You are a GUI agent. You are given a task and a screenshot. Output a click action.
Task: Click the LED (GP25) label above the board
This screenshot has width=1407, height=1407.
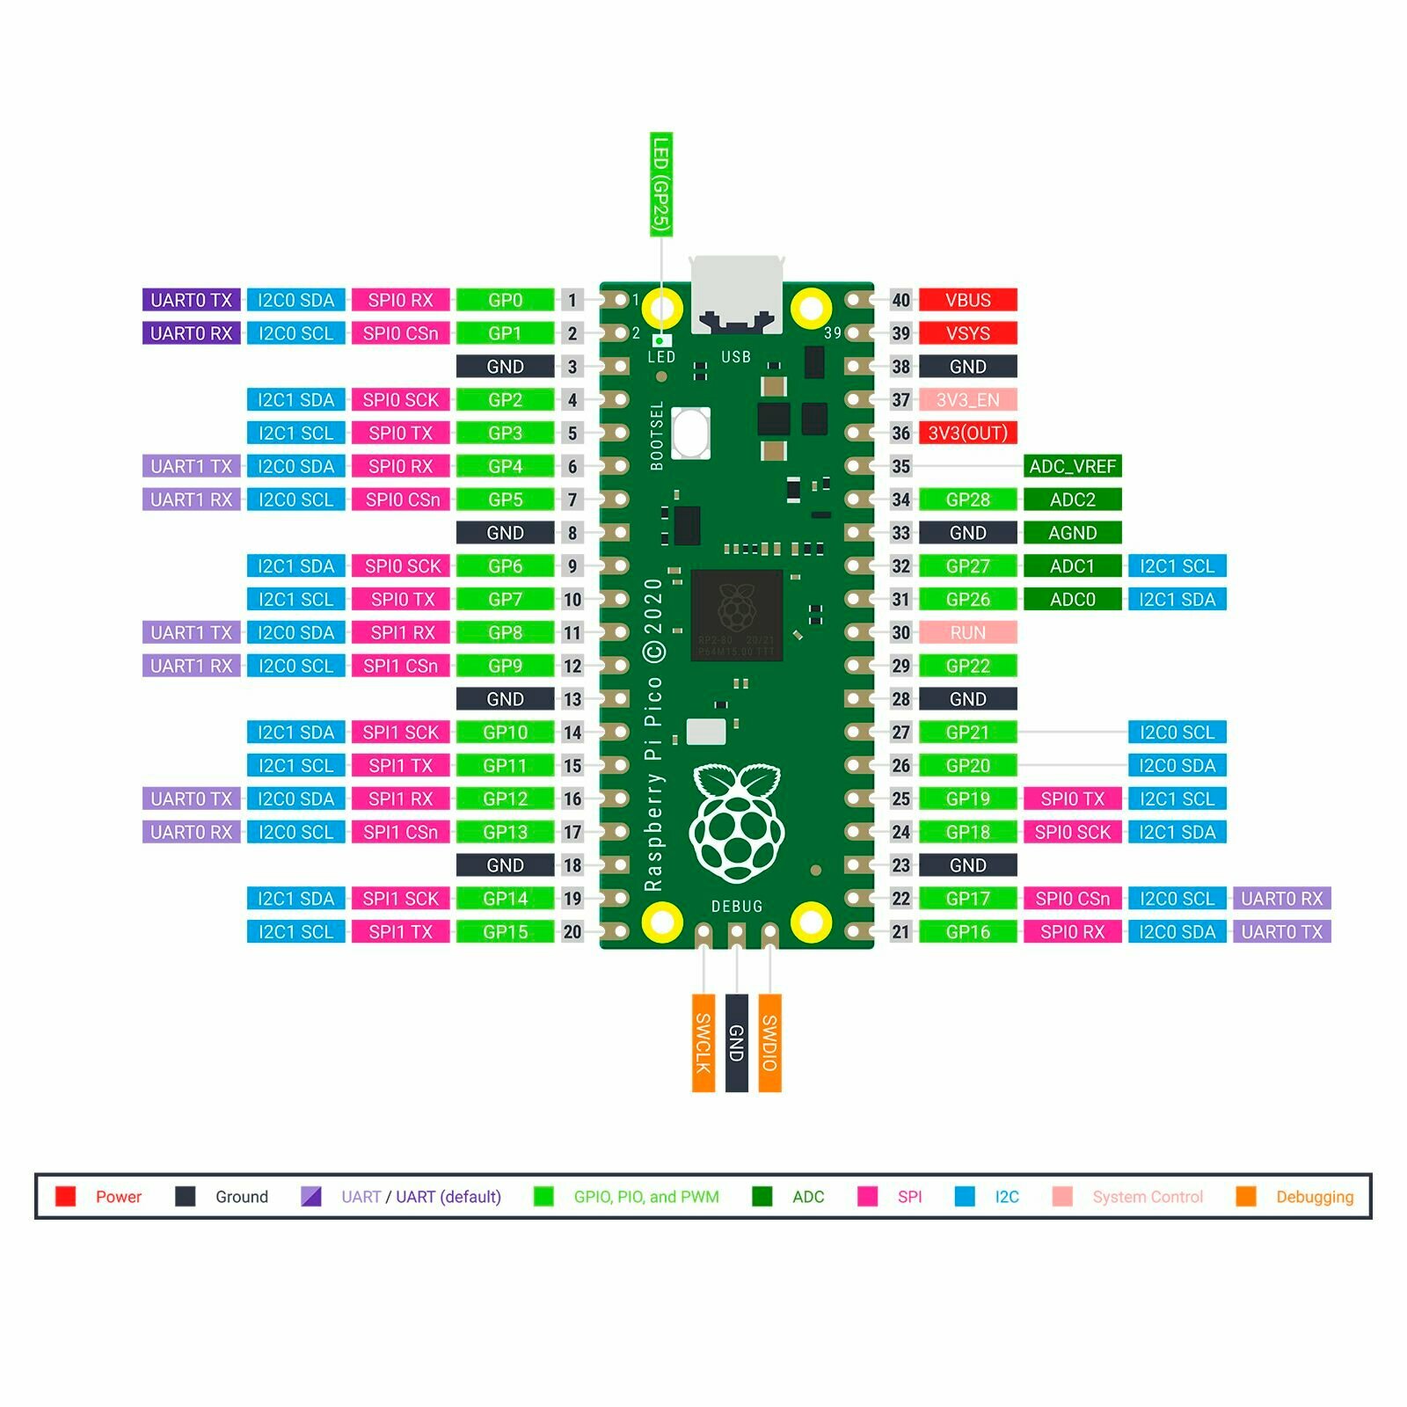coord(661,185)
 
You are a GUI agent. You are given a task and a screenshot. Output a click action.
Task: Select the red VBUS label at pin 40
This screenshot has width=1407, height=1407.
coord(967,300)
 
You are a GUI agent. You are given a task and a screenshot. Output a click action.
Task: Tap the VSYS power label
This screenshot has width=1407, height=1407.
coord(967,333)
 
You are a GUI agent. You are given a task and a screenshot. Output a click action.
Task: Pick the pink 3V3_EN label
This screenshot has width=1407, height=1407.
coord(967,400)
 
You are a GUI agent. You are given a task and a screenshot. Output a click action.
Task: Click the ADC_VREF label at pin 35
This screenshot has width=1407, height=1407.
coord(1072,466)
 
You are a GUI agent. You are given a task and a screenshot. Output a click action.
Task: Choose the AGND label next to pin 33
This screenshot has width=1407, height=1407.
coord(1072,533)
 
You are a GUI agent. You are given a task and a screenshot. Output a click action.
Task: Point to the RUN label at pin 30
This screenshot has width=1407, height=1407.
coord(967,632)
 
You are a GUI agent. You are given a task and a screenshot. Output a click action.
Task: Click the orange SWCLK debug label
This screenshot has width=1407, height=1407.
coord(703,1043)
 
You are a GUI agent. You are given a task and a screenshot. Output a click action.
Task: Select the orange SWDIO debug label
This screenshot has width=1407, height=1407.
coord(769,1043)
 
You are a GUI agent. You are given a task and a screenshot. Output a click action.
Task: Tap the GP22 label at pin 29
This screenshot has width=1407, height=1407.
coord(967,666)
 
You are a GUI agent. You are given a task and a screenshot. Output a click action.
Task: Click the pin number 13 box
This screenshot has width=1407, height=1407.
coord(572,699)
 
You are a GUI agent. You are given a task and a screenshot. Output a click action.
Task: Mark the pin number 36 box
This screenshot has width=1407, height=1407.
coord(900,433)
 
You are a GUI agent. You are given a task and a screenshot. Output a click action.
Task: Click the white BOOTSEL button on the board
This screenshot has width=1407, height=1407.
coord(691,434)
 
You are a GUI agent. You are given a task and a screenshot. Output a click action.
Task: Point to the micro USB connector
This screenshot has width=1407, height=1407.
coord(737,295)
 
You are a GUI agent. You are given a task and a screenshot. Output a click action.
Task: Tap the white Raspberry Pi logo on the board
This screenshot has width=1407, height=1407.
coord(737,822)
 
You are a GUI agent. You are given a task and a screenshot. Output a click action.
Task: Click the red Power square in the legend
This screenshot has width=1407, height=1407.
coord(66,1197)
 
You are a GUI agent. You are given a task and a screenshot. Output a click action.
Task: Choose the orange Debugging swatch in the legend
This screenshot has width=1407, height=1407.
coord(1246,1197)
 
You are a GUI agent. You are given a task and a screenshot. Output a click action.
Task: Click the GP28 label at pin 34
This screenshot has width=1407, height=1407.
coord(967,499)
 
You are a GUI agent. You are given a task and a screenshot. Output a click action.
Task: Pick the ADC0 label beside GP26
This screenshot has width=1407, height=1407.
coord(1072,600)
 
